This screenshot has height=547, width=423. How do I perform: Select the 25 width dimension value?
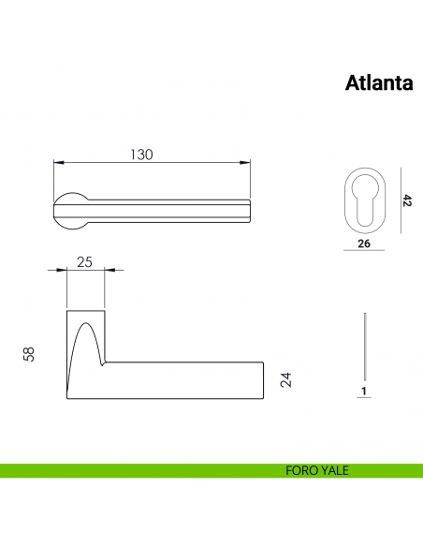(x=84, y=262)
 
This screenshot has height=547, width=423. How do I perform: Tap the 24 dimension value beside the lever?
(x=287, y=379)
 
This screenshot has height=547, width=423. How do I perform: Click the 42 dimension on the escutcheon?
(x=407, y=200)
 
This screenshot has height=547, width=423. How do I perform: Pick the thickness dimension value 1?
(x=363, y=390)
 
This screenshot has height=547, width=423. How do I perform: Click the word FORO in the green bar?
(x=300, y=471)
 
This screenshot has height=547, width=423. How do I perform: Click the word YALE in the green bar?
(x=333, y=471)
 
